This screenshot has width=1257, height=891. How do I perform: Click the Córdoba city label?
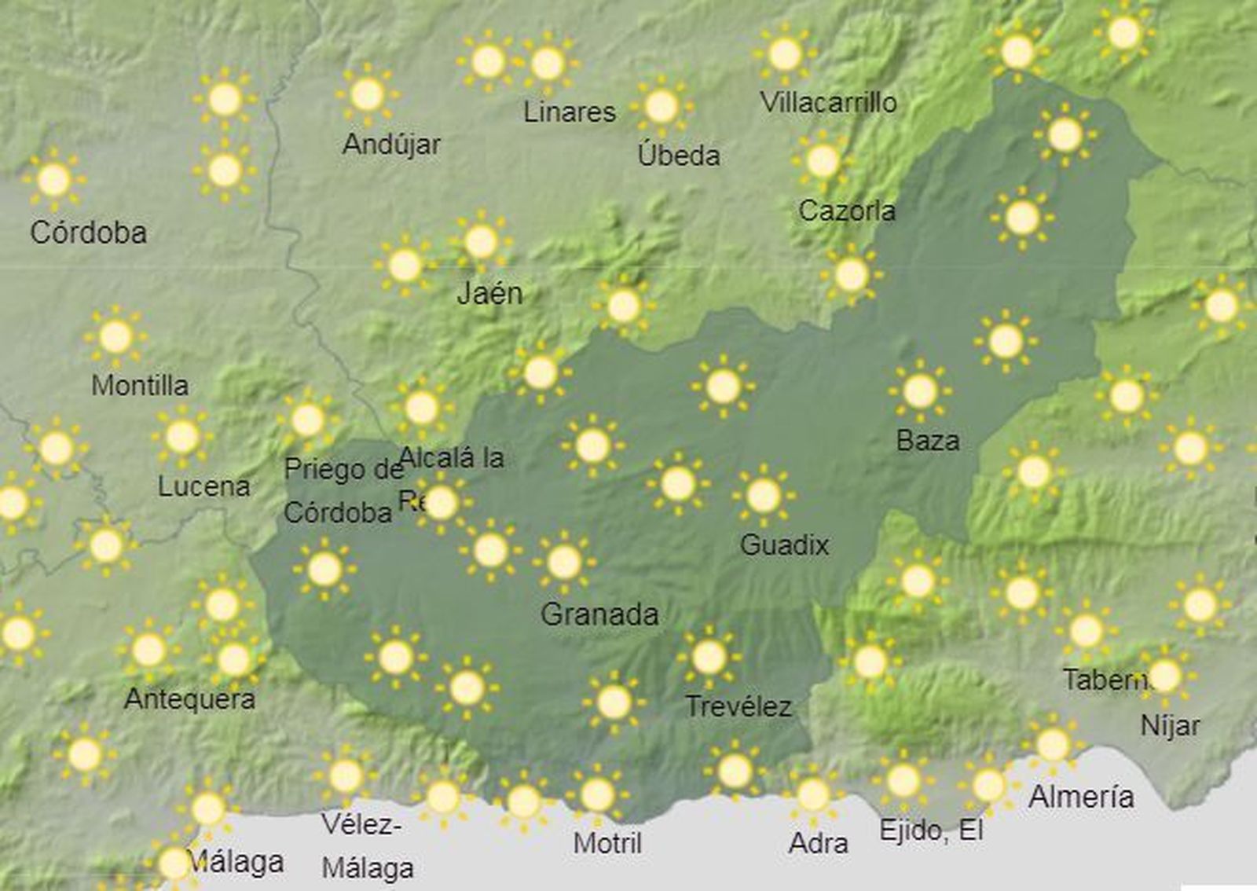(88, 233)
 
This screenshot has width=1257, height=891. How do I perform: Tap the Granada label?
(599, 614)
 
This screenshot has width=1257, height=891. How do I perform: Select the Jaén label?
(489, 294)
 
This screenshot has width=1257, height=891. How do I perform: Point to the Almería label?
(1081, 797)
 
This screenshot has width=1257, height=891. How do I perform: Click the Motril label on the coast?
(607, 843)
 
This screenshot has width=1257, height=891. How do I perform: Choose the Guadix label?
(784, 544)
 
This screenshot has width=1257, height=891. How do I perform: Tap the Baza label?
(927, 440)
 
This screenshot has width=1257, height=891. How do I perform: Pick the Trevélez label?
(738, 706)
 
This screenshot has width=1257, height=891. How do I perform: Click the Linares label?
(570, 112)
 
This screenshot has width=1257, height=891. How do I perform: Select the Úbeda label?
(679, 155)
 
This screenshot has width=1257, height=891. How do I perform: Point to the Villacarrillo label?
(828, 102)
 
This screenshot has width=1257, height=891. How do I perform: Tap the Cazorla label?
(847, 211)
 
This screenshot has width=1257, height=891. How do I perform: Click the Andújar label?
(391, 145)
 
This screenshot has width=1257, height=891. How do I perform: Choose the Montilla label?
(140, 385)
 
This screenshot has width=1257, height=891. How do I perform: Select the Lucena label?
(203, 486)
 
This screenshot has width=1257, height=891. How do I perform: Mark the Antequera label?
(189, 698)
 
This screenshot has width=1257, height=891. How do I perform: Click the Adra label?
(818, 843)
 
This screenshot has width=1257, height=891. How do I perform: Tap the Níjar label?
(1170, 725)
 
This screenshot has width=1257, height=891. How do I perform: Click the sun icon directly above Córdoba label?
(53, 180)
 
